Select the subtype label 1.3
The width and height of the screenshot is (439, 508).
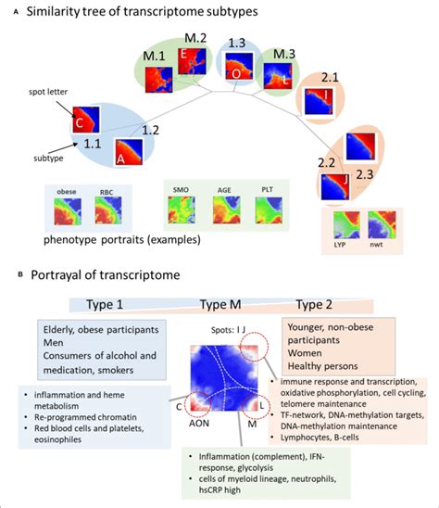coord(237,44)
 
